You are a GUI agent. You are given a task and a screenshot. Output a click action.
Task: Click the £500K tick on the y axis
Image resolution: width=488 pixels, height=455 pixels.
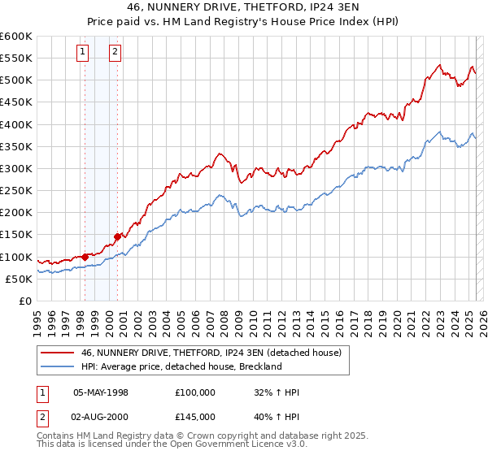16,80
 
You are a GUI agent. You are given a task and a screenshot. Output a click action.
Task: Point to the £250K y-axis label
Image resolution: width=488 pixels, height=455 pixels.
16,191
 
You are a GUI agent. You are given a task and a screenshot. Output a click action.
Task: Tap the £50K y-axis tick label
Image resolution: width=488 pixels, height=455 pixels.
20,279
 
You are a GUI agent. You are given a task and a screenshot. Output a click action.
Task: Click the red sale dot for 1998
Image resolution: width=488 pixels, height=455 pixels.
85,257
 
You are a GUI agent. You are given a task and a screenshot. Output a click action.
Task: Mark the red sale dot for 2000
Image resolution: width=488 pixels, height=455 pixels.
117,236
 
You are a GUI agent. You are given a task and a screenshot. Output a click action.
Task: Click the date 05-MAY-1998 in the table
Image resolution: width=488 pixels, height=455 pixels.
101,392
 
